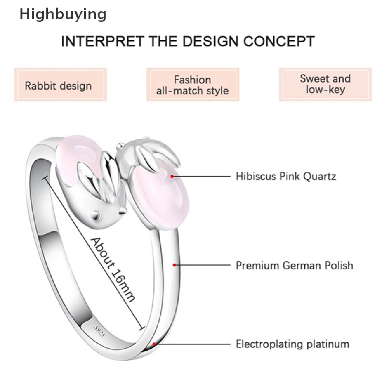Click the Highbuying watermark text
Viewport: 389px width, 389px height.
[x=63, y=14]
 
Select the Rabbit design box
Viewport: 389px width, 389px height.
[x=59, y=85]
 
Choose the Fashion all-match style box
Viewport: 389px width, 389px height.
[x=193, y=85]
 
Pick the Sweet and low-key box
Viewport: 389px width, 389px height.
[x=325, y=84]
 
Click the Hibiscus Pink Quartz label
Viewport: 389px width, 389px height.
[x=286, y=176]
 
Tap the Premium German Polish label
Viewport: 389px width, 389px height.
[x=294, y=265]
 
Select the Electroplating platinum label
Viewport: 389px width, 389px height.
[x=293, y=344]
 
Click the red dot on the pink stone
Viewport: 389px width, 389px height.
[x=172, y=176]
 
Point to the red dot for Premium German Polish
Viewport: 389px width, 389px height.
[x=174, y=265]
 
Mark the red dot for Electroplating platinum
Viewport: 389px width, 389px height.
[x=155, y=344]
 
